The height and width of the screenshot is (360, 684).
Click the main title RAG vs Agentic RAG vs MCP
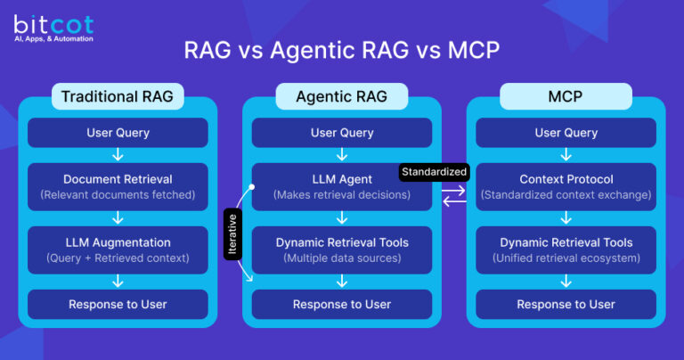342,51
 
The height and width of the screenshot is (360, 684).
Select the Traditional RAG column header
118,96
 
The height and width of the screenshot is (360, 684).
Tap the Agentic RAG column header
342,96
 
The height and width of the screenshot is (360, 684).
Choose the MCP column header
566,96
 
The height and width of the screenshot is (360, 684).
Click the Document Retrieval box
118,186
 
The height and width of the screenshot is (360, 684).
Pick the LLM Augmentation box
118,250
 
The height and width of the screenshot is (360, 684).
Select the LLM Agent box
342,186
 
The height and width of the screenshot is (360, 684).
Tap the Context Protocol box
566,186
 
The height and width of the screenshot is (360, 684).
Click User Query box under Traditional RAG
118,133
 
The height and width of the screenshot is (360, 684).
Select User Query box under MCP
566,133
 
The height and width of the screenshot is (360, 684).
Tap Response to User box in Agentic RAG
342,304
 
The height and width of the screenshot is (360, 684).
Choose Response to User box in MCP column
566,304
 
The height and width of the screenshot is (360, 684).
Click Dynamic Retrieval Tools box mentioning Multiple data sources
342,250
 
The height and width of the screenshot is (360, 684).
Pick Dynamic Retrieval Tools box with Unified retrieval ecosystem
566,250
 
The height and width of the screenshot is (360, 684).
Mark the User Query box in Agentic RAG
342,133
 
